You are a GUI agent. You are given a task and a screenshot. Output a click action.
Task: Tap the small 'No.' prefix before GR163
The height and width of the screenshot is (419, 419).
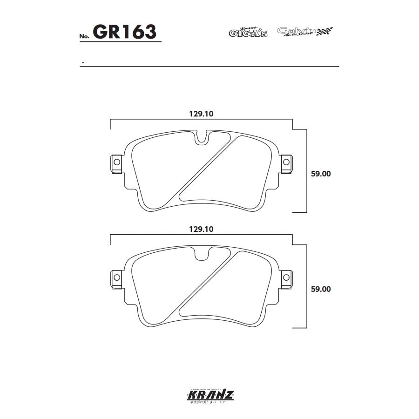click(84, 36)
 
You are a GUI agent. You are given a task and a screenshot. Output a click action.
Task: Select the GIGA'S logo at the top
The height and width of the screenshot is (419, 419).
click(248, 32)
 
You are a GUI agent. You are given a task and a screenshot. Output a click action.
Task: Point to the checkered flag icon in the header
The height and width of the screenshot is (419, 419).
click(325, 32)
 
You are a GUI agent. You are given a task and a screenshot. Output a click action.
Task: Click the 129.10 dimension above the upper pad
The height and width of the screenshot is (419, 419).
click(201, 114)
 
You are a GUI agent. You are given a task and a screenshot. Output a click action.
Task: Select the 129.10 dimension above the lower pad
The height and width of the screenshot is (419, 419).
click(201, 229)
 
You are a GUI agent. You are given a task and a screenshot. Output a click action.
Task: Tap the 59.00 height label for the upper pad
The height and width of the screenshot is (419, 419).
click(320, 174)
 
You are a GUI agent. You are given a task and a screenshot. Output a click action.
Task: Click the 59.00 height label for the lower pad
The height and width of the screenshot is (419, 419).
click(320, 289)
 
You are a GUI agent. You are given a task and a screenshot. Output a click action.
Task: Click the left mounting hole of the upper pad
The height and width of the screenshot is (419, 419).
click(116, 162)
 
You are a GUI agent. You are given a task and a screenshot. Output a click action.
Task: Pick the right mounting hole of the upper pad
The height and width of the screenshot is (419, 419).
click(286, 162)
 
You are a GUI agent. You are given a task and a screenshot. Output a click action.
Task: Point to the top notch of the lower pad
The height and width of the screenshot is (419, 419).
click(201, 254)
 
